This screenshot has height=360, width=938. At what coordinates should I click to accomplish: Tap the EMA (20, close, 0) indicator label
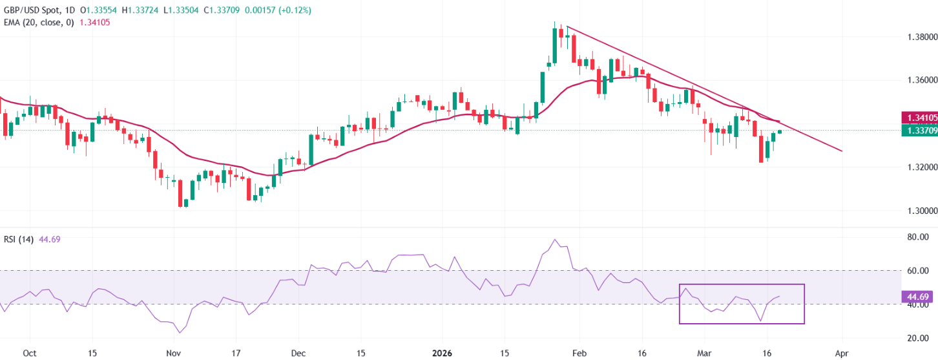(x=37, y=22)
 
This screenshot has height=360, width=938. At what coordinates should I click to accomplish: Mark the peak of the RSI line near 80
(x=556, y=240)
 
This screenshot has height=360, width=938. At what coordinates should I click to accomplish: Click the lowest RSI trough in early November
(x=179, y=333)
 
